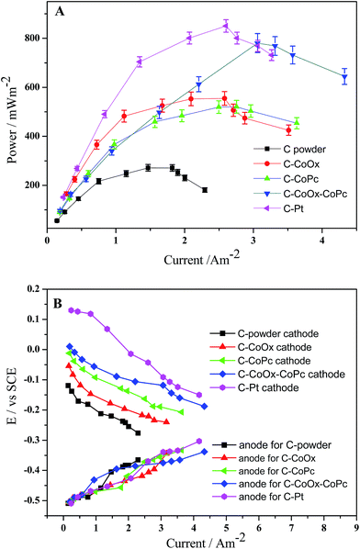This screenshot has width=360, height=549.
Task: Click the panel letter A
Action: (60, 13)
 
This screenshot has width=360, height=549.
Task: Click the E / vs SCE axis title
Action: (11, 397)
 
